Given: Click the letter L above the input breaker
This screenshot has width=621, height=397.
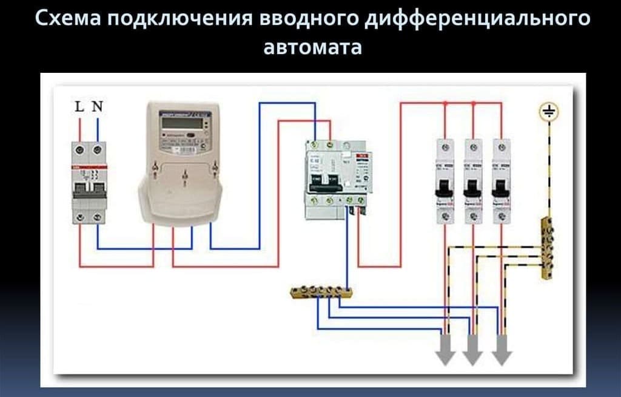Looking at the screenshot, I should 79,107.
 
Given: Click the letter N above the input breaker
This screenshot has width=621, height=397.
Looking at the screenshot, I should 97,107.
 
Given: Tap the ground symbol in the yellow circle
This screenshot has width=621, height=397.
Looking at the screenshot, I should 549,112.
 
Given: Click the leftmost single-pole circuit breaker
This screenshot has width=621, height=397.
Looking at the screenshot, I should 446,182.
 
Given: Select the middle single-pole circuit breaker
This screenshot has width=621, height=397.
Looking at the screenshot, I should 474,182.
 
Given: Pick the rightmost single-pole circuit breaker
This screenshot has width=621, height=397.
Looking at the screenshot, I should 501,182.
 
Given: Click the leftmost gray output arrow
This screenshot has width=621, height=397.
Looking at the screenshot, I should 446,352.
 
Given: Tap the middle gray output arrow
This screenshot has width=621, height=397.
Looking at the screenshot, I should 474,352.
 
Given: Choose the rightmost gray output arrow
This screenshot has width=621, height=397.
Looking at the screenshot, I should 501,352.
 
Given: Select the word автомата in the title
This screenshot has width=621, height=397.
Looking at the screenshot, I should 312,47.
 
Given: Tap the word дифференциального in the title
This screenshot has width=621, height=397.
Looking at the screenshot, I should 466,19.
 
